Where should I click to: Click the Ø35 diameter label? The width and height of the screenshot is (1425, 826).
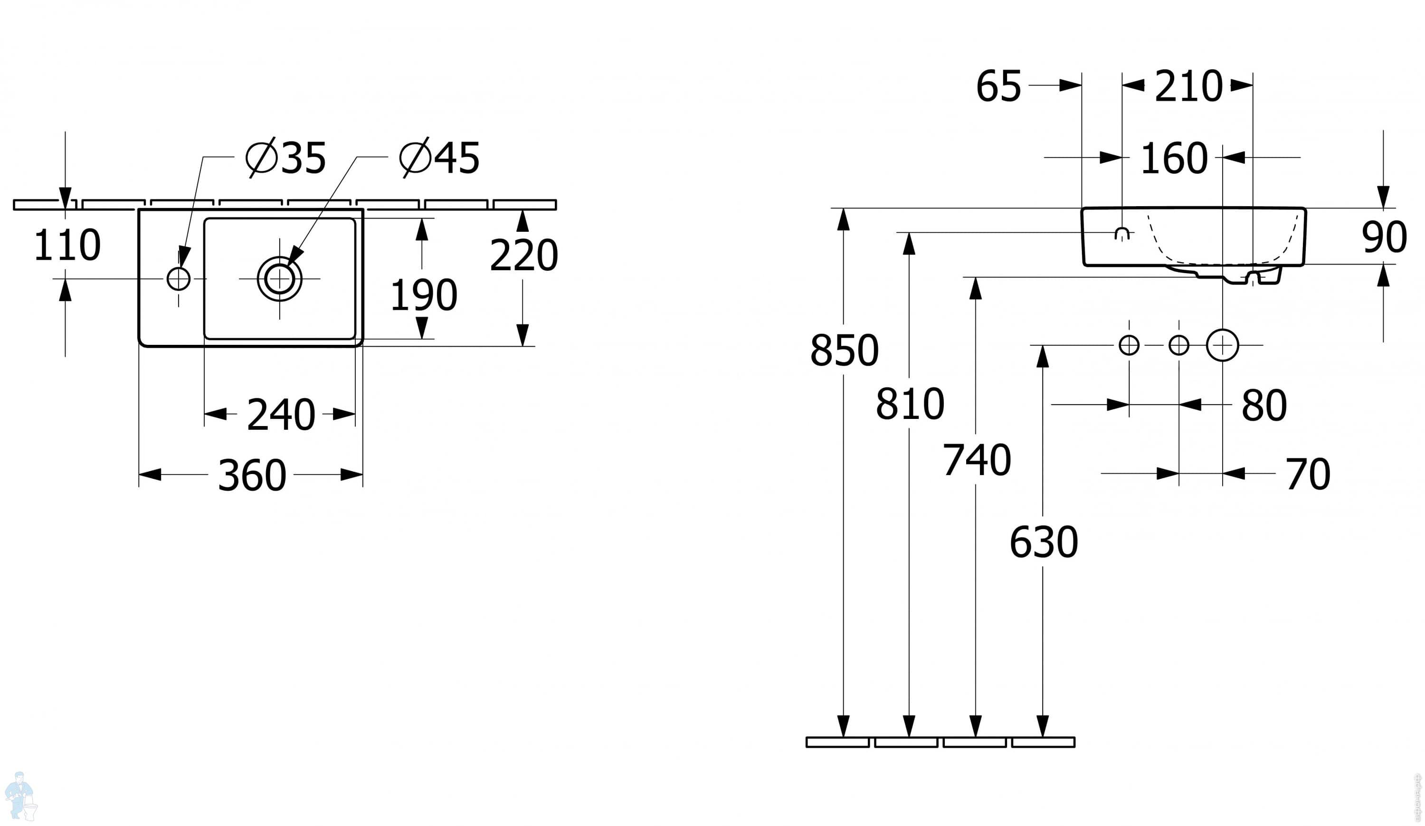(286, 158)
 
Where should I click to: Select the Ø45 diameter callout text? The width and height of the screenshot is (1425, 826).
(439, 158)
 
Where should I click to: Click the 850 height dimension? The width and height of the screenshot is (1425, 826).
(844, 351)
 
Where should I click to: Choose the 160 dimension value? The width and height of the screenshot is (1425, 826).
(1174, 159)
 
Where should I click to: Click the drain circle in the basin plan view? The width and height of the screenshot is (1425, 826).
(280, 279)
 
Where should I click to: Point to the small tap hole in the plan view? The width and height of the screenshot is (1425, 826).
(179, 279)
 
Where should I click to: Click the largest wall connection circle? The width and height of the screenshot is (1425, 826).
(1223, 345)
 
